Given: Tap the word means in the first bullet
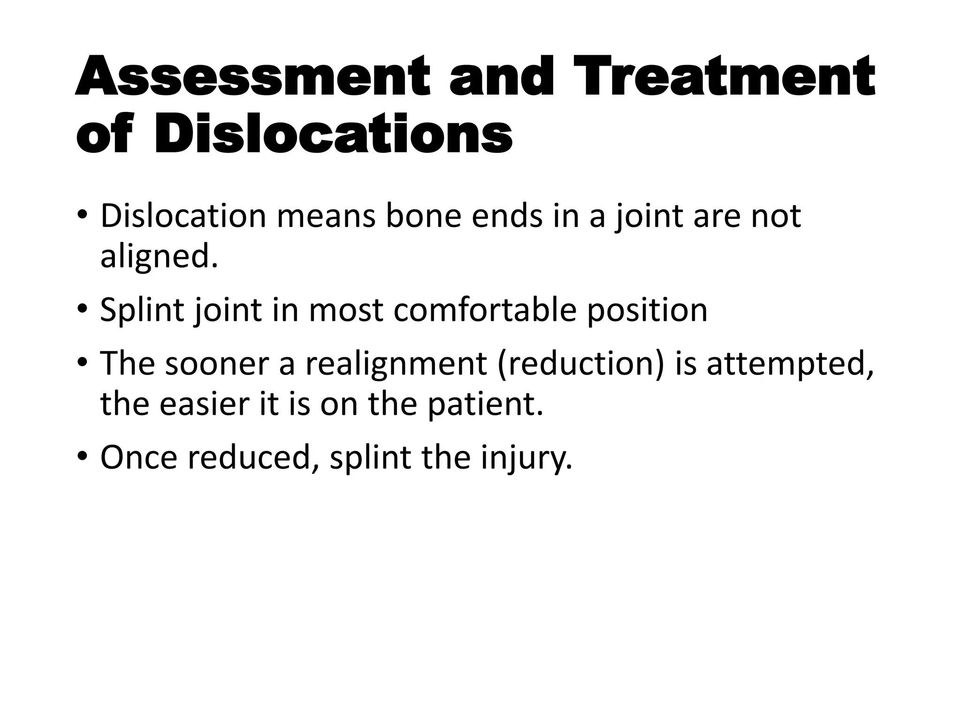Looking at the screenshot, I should pyautogui.click(x=326, y=216).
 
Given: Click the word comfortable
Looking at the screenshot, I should pyautogui.click(x=484, y=310).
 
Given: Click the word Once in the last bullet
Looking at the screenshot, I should pyautogui.click(x=139, y=457).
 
